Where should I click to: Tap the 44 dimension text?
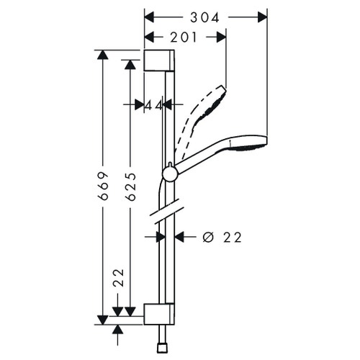coord(153,105)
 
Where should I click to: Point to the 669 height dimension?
coord(104,186)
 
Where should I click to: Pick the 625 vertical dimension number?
coord(130,186)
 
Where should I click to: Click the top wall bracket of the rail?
coord(159,60)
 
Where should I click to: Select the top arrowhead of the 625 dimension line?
coord(130,63)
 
